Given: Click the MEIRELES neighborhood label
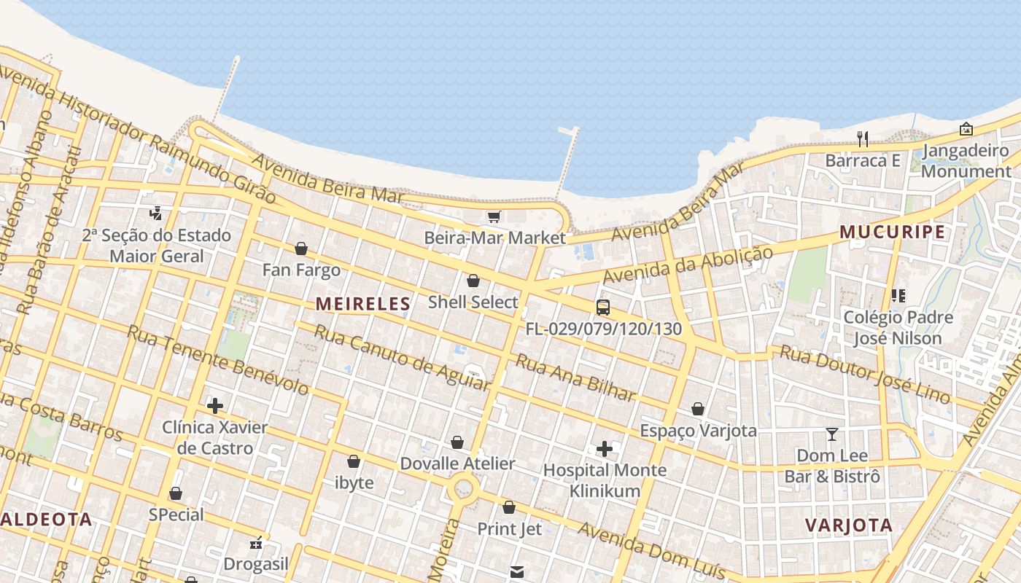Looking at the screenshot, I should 362,304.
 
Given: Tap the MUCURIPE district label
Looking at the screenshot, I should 892,232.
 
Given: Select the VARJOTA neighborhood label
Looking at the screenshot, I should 848,525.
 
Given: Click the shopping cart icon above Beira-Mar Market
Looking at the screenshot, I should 494,216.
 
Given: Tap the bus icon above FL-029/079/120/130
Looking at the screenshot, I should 603,307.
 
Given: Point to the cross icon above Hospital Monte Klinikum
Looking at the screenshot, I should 605,448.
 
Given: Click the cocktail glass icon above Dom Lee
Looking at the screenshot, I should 832,434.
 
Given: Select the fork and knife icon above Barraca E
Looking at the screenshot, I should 863,138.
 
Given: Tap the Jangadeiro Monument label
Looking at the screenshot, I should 966,161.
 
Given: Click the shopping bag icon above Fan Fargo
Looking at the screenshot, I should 301,249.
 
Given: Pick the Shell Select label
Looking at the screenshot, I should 473,302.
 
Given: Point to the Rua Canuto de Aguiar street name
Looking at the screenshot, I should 401,356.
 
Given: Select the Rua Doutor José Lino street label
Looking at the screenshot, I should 865,374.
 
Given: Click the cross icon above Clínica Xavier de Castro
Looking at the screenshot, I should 215,405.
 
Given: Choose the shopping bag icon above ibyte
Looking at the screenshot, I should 354,461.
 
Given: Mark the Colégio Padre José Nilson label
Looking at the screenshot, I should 898,327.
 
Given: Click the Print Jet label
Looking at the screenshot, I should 509,528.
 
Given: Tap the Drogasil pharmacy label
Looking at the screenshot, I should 256,563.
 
